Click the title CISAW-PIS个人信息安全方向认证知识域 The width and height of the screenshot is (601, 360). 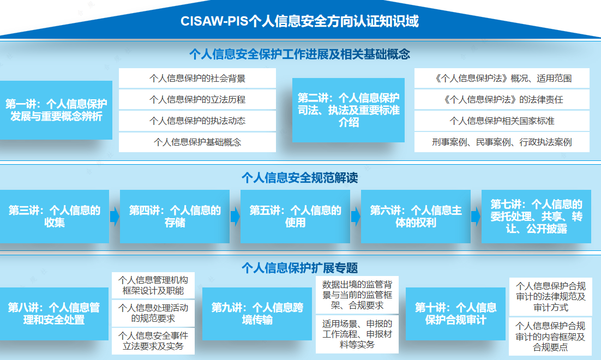[300, 21]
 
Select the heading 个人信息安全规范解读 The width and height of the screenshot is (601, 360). [300, 178]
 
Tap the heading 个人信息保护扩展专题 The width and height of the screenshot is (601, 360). [300, 267]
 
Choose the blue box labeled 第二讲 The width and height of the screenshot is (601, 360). [348, 110]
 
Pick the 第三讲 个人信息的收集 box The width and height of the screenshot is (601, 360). [55, 216]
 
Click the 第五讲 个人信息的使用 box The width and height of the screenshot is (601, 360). [295, 216]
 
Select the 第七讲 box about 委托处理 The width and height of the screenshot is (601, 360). [536, 216]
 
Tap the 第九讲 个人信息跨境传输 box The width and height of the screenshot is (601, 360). [257, 314]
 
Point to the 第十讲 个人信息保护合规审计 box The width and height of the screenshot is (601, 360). [455, 314]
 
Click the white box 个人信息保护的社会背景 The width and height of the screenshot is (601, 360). [197, 79]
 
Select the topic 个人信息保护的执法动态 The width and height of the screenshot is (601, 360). [197, 121]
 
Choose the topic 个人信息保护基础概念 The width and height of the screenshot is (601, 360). [197, 142]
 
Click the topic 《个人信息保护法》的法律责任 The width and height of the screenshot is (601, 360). [502, 100]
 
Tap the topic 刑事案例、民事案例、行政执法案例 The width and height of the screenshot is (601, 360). [502, 142]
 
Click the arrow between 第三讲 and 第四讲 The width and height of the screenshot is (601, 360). [115, 217]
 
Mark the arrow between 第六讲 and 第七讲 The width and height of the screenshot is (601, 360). [476, 217]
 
